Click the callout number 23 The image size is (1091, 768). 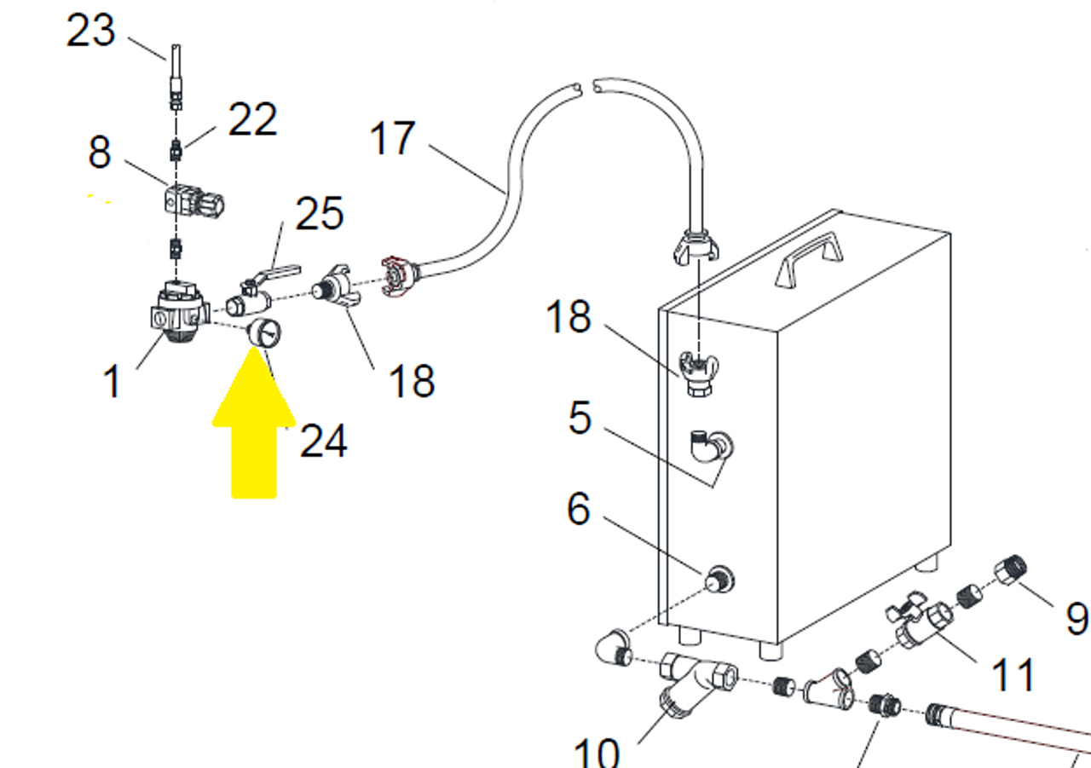[90, 31]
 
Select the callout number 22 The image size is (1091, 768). [252, 119]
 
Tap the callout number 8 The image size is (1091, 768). [100, 153]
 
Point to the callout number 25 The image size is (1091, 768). [320, 213]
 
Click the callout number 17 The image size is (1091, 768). [393, 138]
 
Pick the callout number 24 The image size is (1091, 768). [324, 441]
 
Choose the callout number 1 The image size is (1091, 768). [112, 383]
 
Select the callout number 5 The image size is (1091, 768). [580, 418]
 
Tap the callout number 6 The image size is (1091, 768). [579, 509]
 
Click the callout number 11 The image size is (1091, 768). [1013, 675]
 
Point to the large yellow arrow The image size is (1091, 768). [254, 423]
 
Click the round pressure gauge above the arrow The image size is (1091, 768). [264, 333]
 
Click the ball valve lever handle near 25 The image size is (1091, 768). [278, 273]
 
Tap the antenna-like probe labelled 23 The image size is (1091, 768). [176, 77]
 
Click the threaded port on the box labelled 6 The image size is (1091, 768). [719, 580]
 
